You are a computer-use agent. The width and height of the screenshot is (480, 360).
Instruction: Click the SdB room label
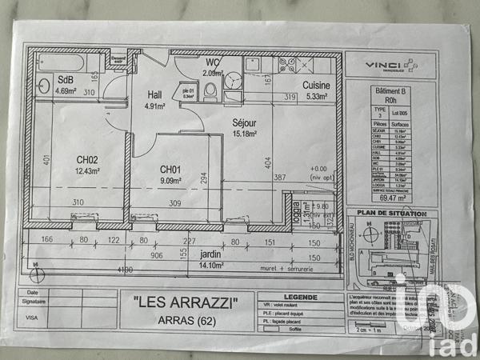coord(65,80)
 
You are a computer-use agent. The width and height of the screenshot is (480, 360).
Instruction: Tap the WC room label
coord(213,62)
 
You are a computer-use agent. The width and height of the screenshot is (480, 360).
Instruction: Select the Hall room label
coord(154,93)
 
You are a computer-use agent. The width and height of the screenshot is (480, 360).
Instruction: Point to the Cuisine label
coord(317,86)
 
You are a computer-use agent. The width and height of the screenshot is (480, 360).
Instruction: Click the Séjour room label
coord(244,123)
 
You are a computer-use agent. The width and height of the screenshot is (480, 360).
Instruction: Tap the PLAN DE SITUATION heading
coord(390,213)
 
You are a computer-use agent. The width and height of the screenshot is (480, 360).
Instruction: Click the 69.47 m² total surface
coord(390,195)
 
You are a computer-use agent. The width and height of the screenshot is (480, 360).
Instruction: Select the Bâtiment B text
coord(390,92)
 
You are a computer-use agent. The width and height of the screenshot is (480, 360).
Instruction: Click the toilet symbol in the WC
coord(210,94)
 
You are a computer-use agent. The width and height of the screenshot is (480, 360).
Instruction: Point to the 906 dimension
coord(156,256)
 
